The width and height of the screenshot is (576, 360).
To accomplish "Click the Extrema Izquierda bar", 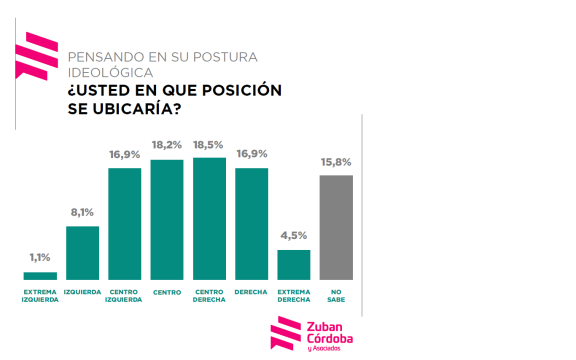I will (40, 276).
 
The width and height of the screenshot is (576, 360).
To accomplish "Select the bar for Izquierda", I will (82, 253).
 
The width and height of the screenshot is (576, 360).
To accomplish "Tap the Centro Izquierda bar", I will (124, 224).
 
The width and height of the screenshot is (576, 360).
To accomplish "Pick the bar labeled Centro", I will (167, 220).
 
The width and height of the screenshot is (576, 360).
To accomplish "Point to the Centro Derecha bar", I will (209, 219).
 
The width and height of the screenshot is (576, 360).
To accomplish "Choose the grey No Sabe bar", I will (336, 227).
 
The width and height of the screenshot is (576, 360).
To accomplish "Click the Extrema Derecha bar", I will (294, 265).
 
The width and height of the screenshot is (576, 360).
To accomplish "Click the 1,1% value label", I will (40, 257).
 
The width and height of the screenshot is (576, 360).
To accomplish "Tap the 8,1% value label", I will (82, 212).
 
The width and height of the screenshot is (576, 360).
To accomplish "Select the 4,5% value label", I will (294, 235).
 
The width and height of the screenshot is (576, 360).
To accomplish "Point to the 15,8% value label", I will (336, 162).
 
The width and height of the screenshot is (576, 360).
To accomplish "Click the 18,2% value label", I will (167, 145).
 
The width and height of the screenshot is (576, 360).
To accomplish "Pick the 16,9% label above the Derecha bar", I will (252, 153).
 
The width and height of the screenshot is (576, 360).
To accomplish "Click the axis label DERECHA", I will (251, 292).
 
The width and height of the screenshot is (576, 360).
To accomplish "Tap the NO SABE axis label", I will (336, 296).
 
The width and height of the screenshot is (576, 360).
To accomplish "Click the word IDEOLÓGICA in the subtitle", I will (110, 72).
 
